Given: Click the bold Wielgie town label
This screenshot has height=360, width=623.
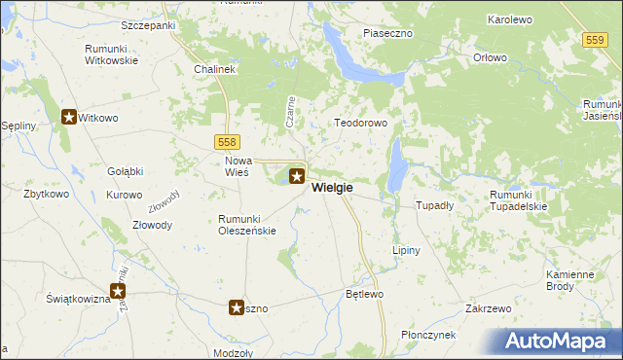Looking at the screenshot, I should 333,188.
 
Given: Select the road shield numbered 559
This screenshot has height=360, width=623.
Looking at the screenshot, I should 597,39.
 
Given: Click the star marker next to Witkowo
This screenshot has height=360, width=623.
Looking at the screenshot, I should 70,118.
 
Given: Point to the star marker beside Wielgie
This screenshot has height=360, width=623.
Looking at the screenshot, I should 298,177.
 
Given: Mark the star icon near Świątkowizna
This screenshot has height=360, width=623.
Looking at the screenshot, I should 119,290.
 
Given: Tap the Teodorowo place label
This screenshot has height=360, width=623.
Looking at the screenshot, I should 361,124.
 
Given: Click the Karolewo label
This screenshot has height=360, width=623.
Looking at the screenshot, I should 488,19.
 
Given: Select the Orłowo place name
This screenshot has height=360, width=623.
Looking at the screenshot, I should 491,57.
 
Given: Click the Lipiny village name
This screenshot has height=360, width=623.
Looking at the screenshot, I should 406,250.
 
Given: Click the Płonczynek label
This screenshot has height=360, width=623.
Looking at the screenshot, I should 428,335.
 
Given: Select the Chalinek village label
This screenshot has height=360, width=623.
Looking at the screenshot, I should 214,70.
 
